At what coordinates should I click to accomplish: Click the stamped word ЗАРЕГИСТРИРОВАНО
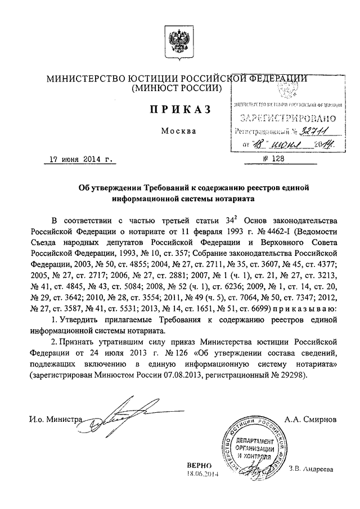pyautogui.click(x=287, y=119)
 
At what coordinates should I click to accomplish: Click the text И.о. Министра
pyautogui.click(x=55, y=419)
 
